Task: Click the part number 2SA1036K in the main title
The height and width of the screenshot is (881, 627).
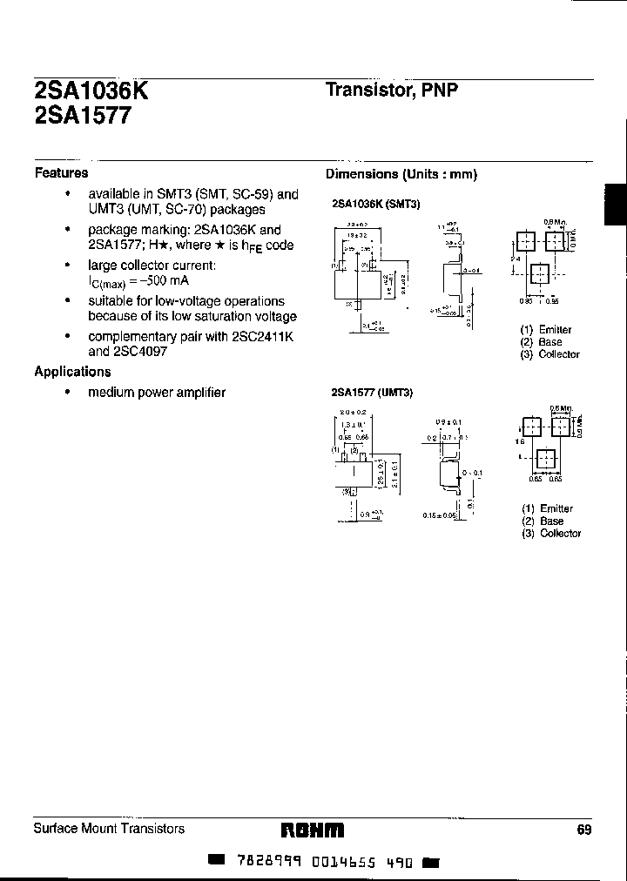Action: click(x=91, y=91)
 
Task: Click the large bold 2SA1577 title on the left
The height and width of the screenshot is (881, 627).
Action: click(x=83, y=117)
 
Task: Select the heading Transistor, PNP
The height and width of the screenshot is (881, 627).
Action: click(x=391, y=90)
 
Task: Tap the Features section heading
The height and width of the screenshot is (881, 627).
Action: click(x=61, y=172)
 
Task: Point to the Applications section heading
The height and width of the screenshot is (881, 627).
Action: click(x=72, y=372)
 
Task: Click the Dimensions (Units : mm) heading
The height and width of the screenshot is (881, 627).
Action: click(x=401, y=174)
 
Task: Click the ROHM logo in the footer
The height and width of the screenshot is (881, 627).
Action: click(x=313, y=830)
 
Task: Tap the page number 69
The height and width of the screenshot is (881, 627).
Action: click(x=583, y=830)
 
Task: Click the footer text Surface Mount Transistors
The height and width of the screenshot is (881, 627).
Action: click(x=109, y=829)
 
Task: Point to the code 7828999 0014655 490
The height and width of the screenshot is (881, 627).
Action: click(x=325, y=861)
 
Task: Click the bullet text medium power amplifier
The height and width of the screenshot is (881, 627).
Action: click(x=157, y=393)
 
